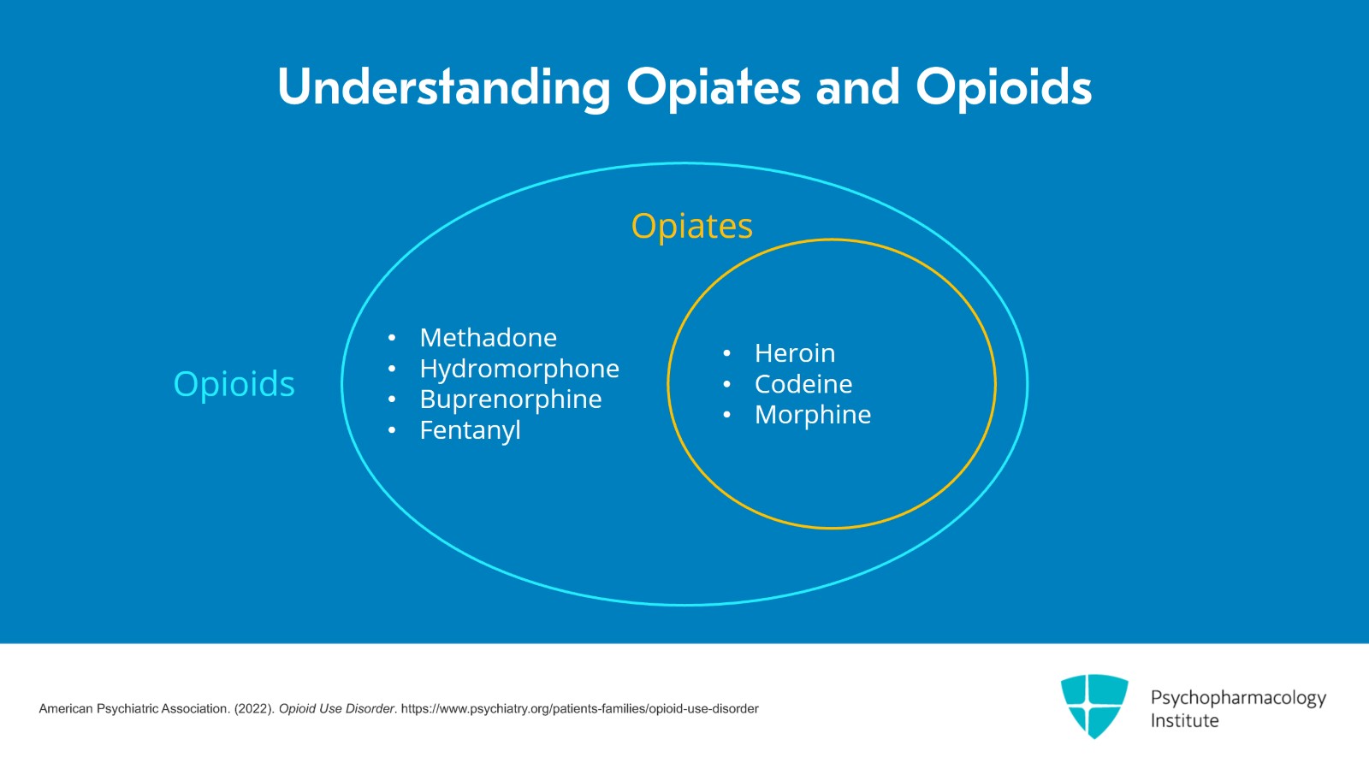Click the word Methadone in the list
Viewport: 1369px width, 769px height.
[x=488, y=338]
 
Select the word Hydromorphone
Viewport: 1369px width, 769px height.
[x=519, y=369]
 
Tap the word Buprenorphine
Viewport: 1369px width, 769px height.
[x=510, y=399]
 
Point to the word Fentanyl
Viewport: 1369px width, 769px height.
[x=470, y=430]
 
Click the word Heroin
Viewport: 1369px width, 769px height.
[x=794, y=353]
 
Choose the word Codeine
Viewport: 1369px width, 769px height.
[x=803, y=384]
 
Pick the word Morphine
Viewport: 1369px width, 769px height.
[x=812, y=415]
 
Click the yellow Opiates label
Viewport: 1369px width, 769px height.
[x=691, y=227]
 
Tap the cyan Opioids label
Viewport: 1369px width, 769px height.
[x=234, y=384]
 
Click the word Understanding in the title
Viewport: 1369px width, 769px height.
[x=443, y=87]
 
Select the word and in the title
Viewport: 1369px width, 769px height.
[x=857, y=87]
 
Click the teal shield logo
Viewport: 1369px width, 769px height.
[x=1094, y=706]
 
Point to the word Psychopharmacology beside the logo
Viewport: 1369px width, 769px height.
[x=1237, y=698]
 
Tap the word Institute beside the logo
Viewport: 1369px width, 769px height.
[x=1184, y=721]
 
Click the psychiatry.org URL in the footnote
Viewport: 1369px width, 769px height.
[x=579, y=709]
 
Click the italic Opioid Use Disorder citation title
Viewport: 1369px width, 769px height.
[x=336, y=709]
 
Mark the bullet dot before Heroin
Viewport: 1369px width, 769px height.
[x=726, y=353]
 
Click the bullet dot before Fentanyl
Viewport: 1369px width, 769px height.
[x=392, y=430]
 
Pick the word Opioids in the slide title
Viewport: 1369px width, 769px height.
[x=1003, y=87]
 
